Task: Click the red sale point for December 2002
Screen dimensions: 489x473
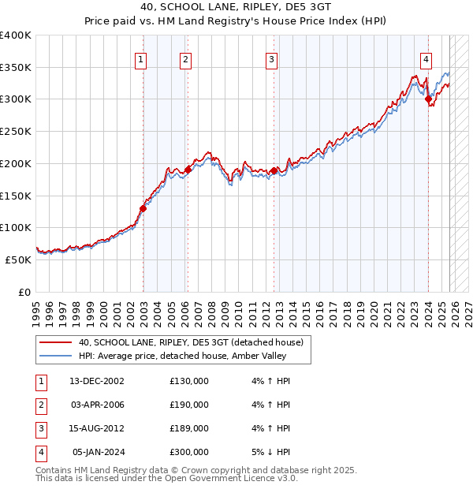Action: click(143, 208)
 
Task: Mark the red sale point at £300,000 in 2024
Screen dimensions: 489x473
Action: click(428, 99)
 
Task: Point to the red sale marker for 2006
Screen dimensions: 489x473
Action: click(188, 170)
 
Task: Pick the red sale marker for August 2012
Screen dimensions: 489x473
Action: click(274, 170)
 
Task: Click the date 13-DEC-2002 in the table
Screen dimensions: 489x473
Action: click(97, 381)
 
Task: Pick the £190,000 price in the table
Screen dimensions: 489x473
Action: click(189, 405)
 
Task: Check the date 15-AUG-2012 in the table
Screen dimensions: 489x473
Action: click(97, 428)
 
